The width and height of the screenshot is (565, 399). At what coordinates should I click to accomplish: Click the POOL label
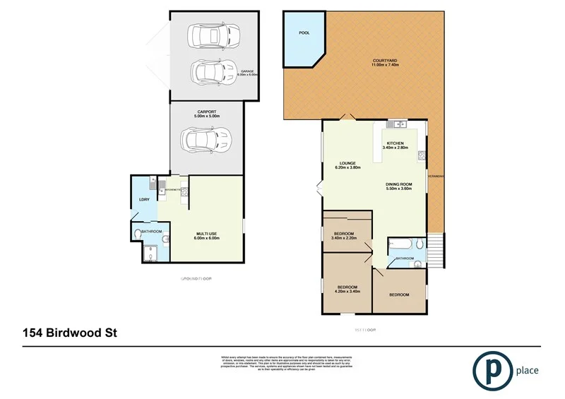tap(304, 32)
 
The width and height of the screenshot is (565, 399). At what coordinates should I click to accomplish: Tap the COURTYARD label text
tap(385, 61)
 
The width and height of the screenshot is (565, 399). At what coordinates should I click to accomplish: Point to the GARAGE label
tap(247, 71)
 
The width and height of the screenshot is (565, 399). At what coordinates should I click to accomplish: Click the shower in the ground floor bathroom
tap(150, 253)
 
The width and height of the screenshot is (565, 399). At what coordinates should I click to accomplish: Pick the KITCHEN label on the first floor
tap(395, 143)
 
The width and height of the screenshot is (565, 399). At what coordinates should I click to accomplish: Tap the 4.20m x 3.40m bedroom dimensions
tap(346, 292)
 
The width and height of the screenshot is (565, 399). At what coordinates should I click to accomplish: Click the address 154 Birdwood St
tap(70, 331)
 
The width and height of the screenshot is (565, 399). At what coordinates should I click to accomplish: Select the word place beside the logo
tap(526, 370)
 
